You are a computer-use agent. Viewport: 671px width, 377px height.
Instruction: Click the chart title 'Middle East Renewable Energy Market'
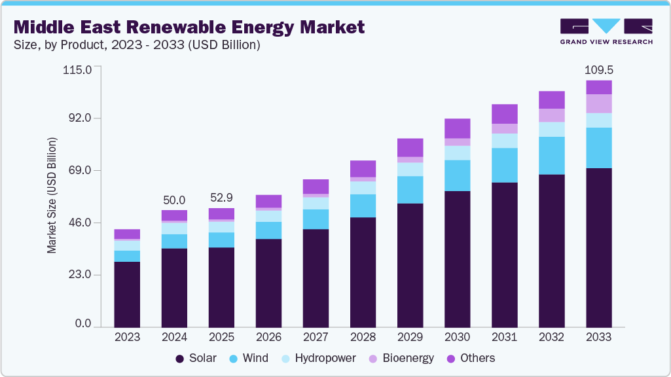189,27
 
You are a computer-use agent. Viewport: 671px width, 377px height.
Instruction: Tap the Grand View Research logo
606,31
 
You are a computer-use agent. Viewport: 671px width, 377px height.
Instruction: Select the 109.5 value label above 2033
598,69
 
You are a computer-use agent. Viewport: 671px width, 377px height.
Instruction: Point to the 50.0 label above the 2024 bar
174,200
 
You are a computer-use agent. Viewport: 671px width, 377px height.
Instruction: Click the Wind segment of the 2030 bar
457,175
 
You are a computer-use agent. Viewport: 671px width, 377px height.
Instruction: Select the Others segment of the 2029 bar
410,147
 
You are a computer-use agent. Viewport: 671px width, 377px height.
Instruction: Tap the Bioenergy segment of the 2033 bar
598,103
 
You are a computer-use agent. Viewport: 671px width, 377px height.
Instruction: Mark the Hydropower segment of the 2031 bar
504,141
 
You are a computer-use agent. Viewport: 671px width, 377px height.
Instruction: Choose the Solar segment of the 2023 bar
127,294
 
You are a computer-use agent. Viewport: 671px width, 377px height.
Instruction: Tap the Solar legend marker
179,359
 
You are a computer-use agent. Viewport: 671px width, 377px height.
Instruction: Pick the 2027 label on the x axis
316,338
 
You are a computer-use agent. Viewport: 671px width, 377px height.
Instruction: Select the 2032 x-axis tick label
551,338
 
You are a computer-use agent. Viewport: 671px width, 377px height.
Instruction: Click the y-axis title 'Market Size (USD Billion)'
52,196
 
